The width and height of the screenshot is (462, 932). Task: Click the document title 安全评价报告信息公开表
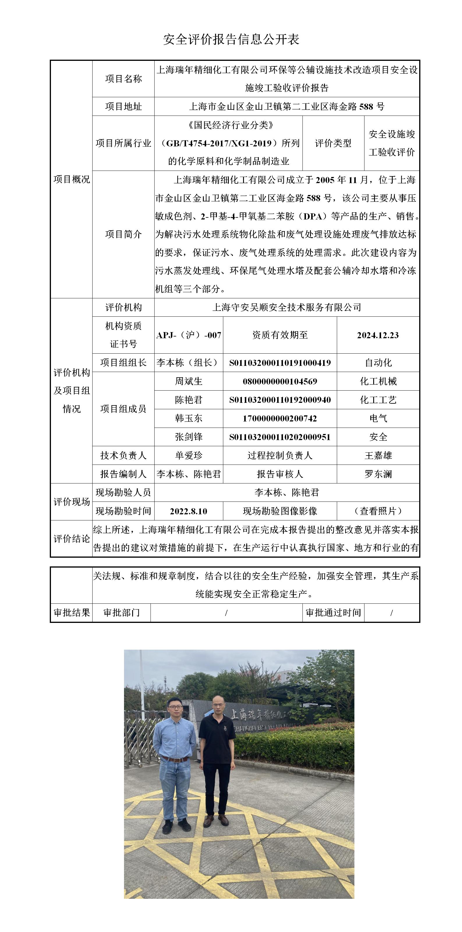[231, 39]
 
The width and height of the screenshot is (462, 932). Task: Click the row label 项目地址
[123, 106]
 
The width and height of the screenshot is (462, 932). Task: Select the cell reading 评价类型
[333, 143]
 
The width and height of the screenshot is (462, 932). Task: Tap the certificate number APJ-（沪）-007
[188, 335]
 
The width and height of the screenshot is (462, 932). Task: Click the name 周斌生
[188, 381]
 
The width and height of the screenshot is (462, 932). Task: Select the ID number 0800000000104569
[280, 381]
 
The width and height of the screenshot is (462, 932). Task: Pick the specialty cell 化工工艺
[378, 400]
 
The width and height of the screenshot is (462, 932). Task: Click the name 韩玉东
[188, 419]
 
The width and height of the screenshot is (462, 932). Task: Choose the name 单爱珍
[188, 456]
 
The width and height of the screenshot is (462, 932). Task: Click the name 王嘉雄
[378, 456]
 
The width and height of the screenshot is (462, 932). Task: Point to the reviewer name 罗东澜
[378, 474]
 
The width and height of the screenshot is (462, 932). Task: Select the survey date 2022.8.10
[188, 511]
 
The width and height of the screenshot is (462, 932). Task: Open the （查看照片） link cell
[378, 511]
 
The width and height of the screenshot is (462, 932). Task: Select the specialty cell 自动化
[378, 362]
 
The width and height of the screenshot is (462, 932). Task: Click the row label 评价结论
[72, 539]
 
